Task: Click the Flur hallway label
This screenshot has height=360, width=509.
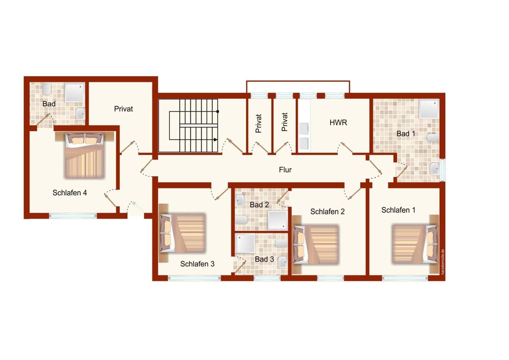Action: click(285, 170)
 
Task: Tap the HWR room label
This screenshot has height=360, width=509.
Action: click(338, 123)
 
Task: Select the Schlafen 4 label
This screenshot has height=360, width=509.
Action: click(70, 193)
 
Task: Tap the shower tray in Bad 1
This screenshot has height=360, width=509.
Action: click(429, 109)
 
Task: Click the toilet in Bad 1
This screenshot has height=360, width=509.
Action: click(433, 138)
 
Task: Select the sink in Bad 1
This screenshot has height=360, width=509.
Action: click(434, 169)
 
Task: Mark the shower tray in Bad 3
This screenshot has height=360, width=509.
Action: click(245, 243)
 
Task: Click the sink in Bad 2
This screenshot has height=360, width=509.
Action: click(240, 200)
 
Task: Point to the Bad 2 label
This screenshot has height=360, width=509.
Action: click(259, 205)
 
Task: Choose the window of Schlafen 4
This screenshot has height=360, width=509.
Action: click(73, 215)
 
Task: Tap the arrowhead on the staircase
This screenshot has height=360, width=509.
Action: click(215, 140)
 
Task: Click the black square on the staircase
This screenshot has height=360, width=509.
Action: click(218, 111)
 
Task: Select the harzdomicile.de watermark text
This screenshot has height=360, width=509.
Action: click(443, 262)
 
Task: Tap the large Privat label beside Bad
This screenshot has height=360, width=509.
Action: click(123, 109)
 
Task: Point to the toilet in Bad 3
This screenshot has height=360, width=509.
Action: click(281, 243)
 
